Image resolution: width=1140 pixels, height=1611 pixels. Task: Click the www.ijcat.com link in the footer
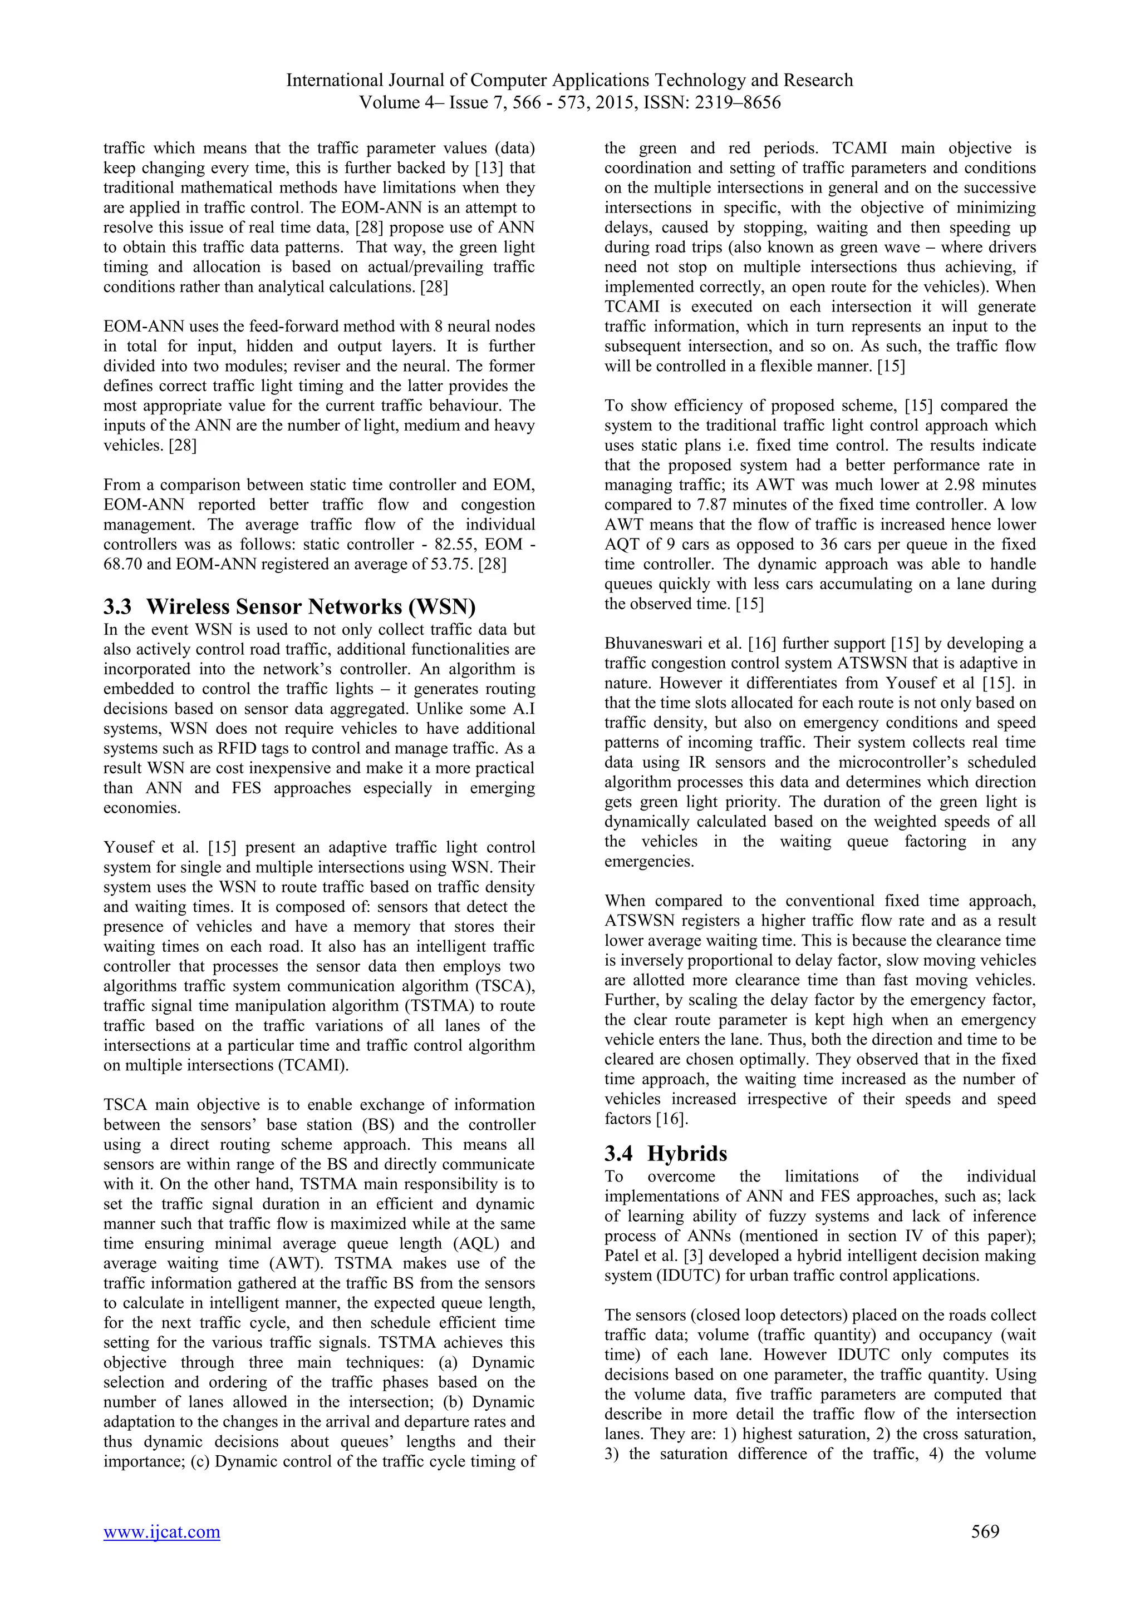click(161, 1531)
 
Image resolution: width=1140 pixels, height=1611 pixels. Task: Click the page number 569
click(985, 1531)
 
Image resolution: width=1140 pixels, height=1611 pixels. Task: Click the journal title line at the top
click(569, 80)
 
